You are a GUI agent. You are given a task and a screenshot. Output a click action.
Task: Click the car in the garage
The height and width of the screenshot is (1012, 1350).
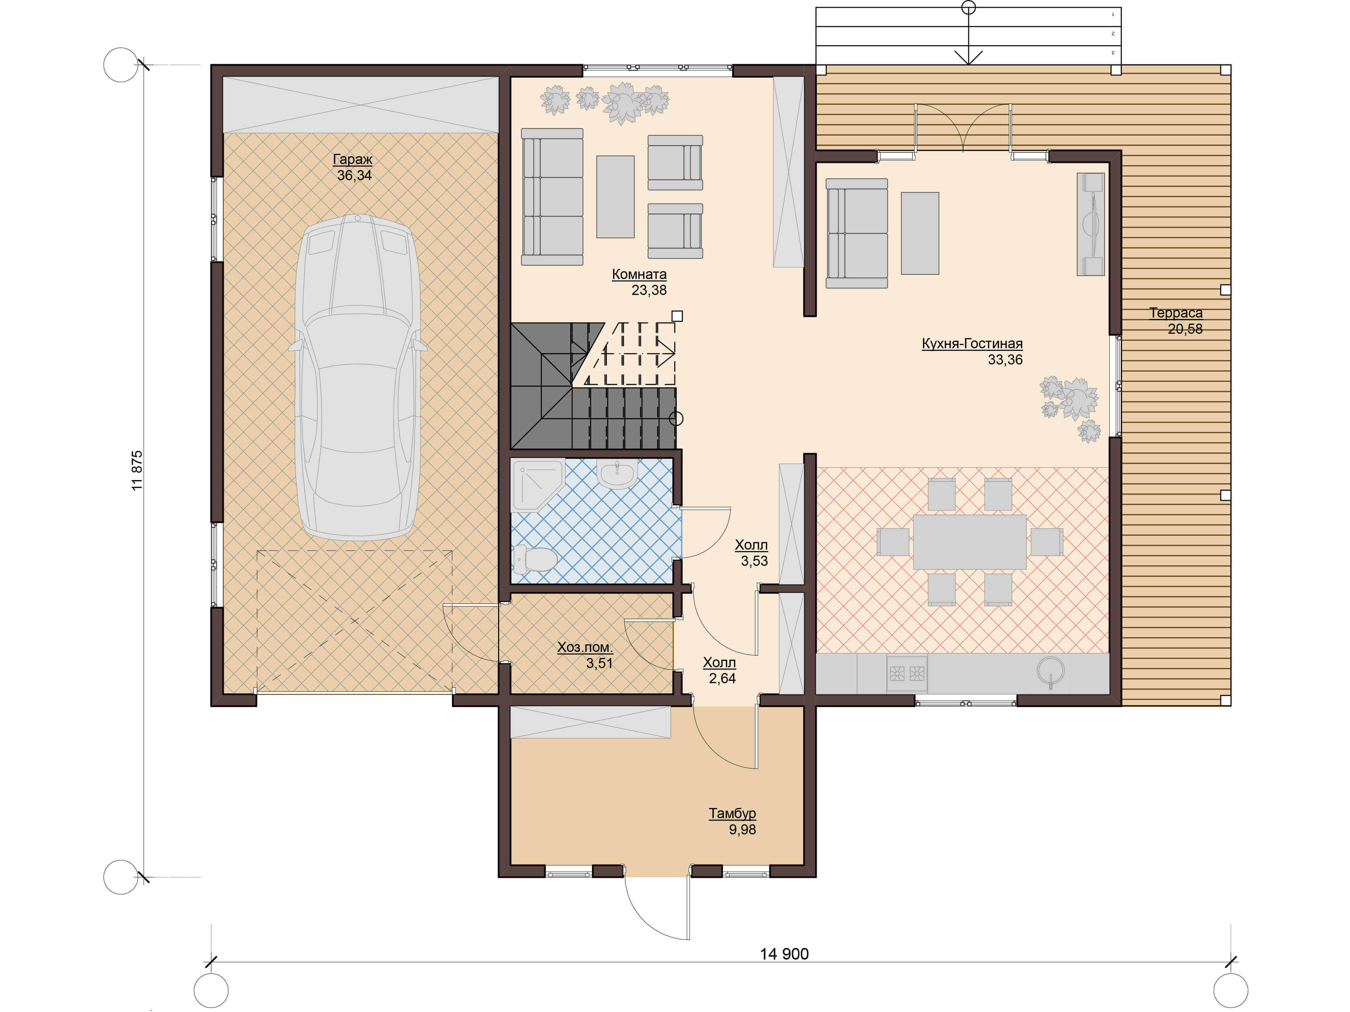[358, 377]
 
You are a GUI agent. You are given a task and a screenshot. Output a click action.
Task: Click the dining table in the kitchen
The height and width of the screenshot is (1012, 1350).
[969, 542]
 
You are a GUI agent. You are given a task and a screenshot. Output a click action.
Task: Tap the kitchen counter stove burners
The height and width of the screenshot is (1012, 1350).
[907, 673]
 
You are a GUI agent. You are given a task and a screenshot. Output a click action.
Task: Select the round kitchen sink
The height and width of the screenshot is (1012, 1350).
[1050, 670]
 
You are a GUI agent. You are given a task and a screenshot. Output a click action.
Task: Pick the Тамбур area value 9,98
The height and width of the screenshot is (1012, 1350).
[742, 829]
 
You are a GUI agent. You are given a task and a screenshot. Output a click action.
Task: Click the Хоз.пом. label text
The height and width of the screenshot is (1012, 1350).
[585, 647]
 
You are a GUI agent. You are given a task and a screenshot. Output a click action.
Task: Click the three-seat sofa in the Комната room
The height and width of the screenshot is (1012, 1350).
[552, 196]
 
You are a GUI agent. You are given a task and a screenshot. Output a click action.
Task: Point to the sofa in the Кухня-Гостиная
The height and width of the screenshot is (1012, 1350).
[856, 233]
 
